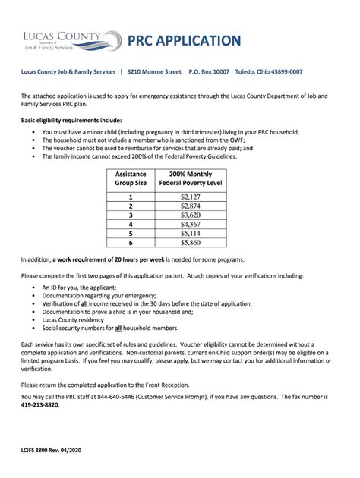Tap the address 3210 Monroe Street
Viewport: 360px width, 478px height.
coord(154,72)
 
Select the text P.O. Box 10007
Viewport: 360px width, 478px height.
coord(209,72)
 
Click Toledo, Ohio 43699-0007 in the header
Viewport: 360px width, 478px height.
coord(270,72)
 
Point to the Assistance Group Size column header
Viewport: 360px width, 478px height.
coord(131,178)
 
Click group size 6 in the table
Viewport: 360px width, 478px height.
coord(131,244)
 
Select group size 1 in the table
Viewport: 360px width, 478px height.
coord(131,196)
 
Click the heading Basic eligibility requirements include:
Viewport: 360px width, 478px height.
coord(71,121)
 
